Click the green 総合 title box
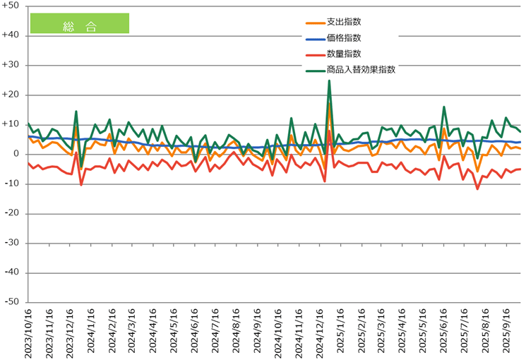[x=79, y=23]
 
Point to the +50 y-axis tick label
[x=11, y=6]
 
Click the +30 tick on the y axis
[x=11, y=65]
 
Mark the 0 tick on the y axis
[x=16, y=154]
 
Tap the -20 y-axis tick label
[x=12, y=213]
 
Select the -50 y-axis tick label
[x=12, y=302]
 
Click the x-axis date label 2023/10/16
[x=29, y=332]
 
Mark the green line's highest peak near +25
[x=329, y=80]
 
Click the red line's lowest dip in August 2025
[x=477, y=188]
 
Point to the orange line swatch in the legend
[x=310, y=22]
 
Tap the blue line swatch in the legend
[x=310, y=38]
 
